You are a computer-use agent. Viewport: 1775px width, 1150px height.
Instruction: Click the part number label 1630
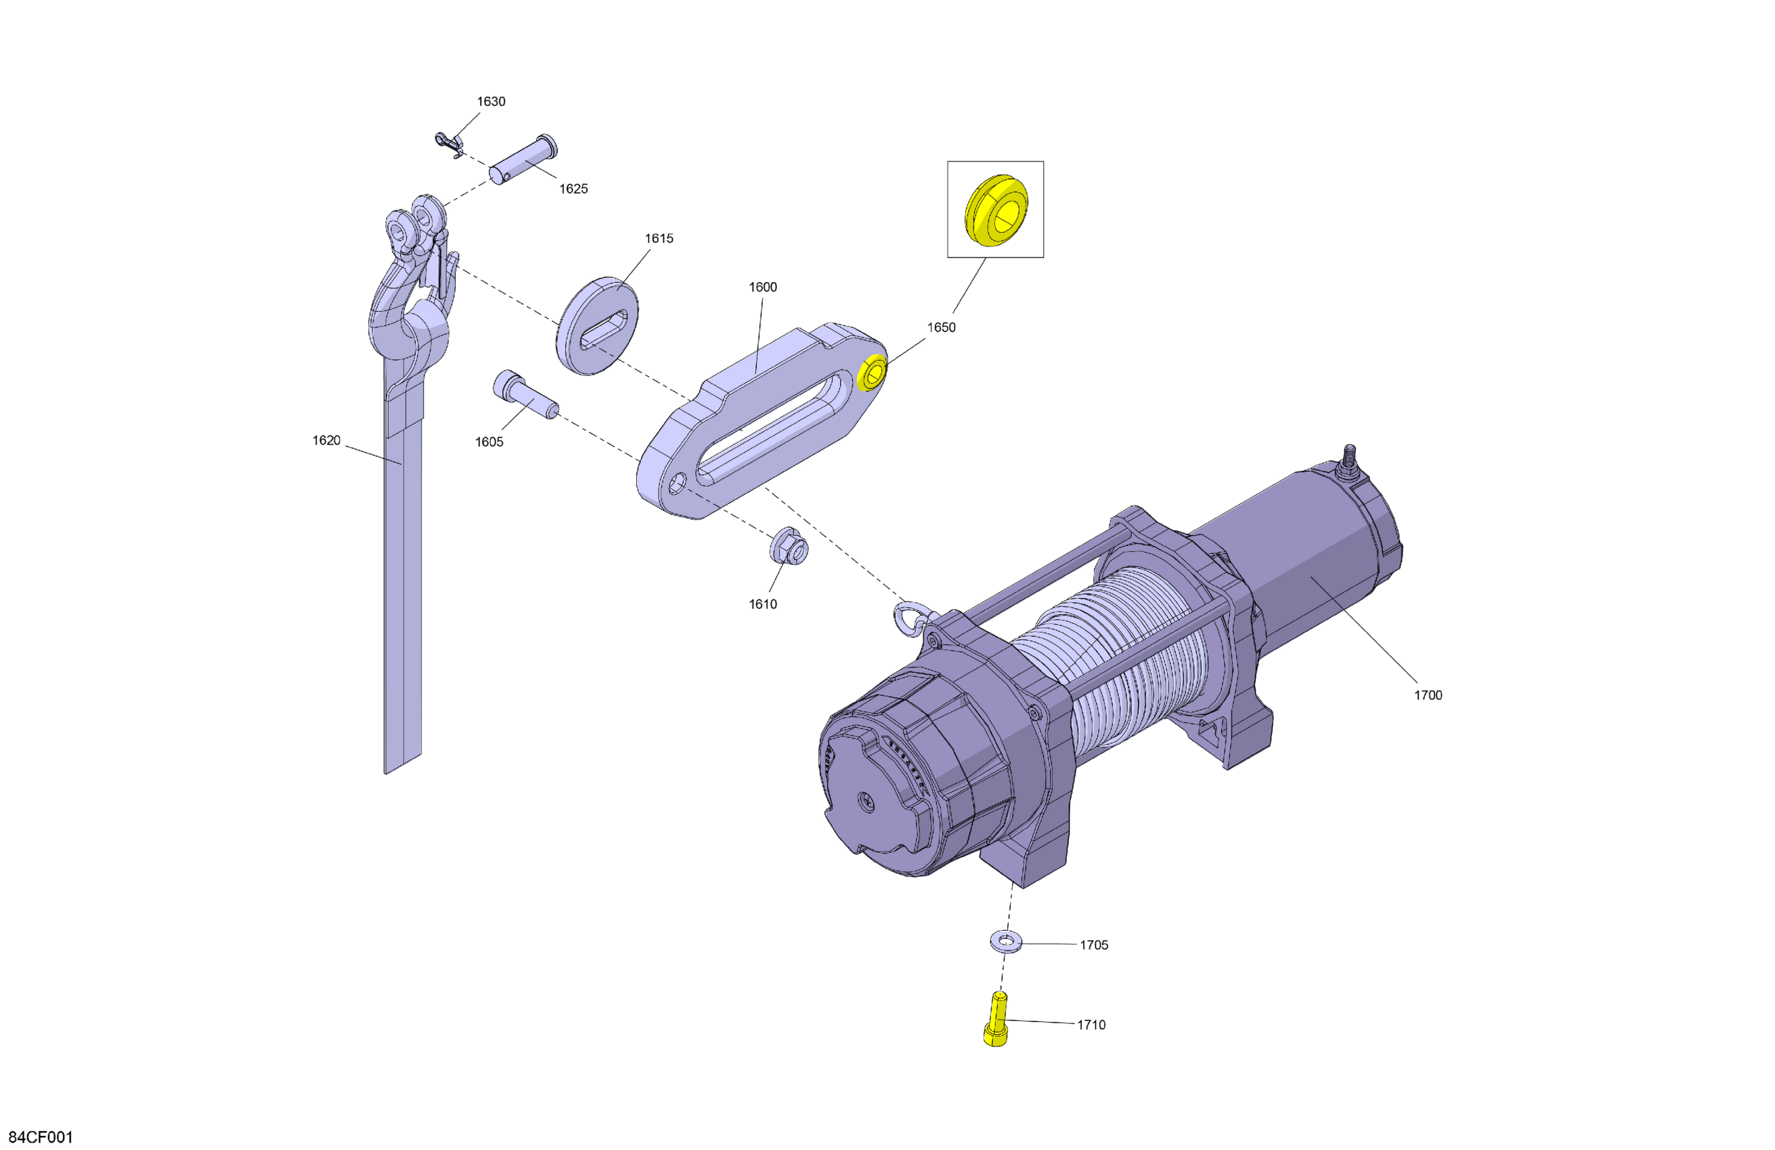click(491, 101)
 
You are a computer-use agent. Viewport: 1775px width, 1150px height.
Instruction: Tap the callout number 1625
click(573, 189)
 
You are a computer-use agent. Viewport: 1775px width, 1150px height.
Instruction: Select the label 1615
click(659, 239)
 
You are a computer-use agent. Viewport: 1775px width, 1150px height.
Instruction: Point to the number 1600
click(762, 287)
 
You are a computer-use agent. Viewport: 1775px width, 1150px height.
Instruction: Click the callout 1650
click(941, 327)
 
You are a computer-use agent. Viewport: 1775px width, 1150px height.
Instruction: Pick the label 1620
click(326, 440)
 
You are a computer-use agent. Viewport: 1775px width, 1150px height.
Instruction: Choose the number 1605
click(489, 442)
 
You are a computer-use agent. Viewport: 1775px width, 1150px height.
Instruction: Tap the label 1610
click(763, 605)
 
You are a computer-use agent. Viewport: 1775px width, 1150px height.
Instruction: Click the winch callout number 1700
click(1428, 695)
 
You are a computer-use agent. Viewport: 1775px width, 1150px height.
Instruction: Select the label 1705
click(1094, 945)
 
